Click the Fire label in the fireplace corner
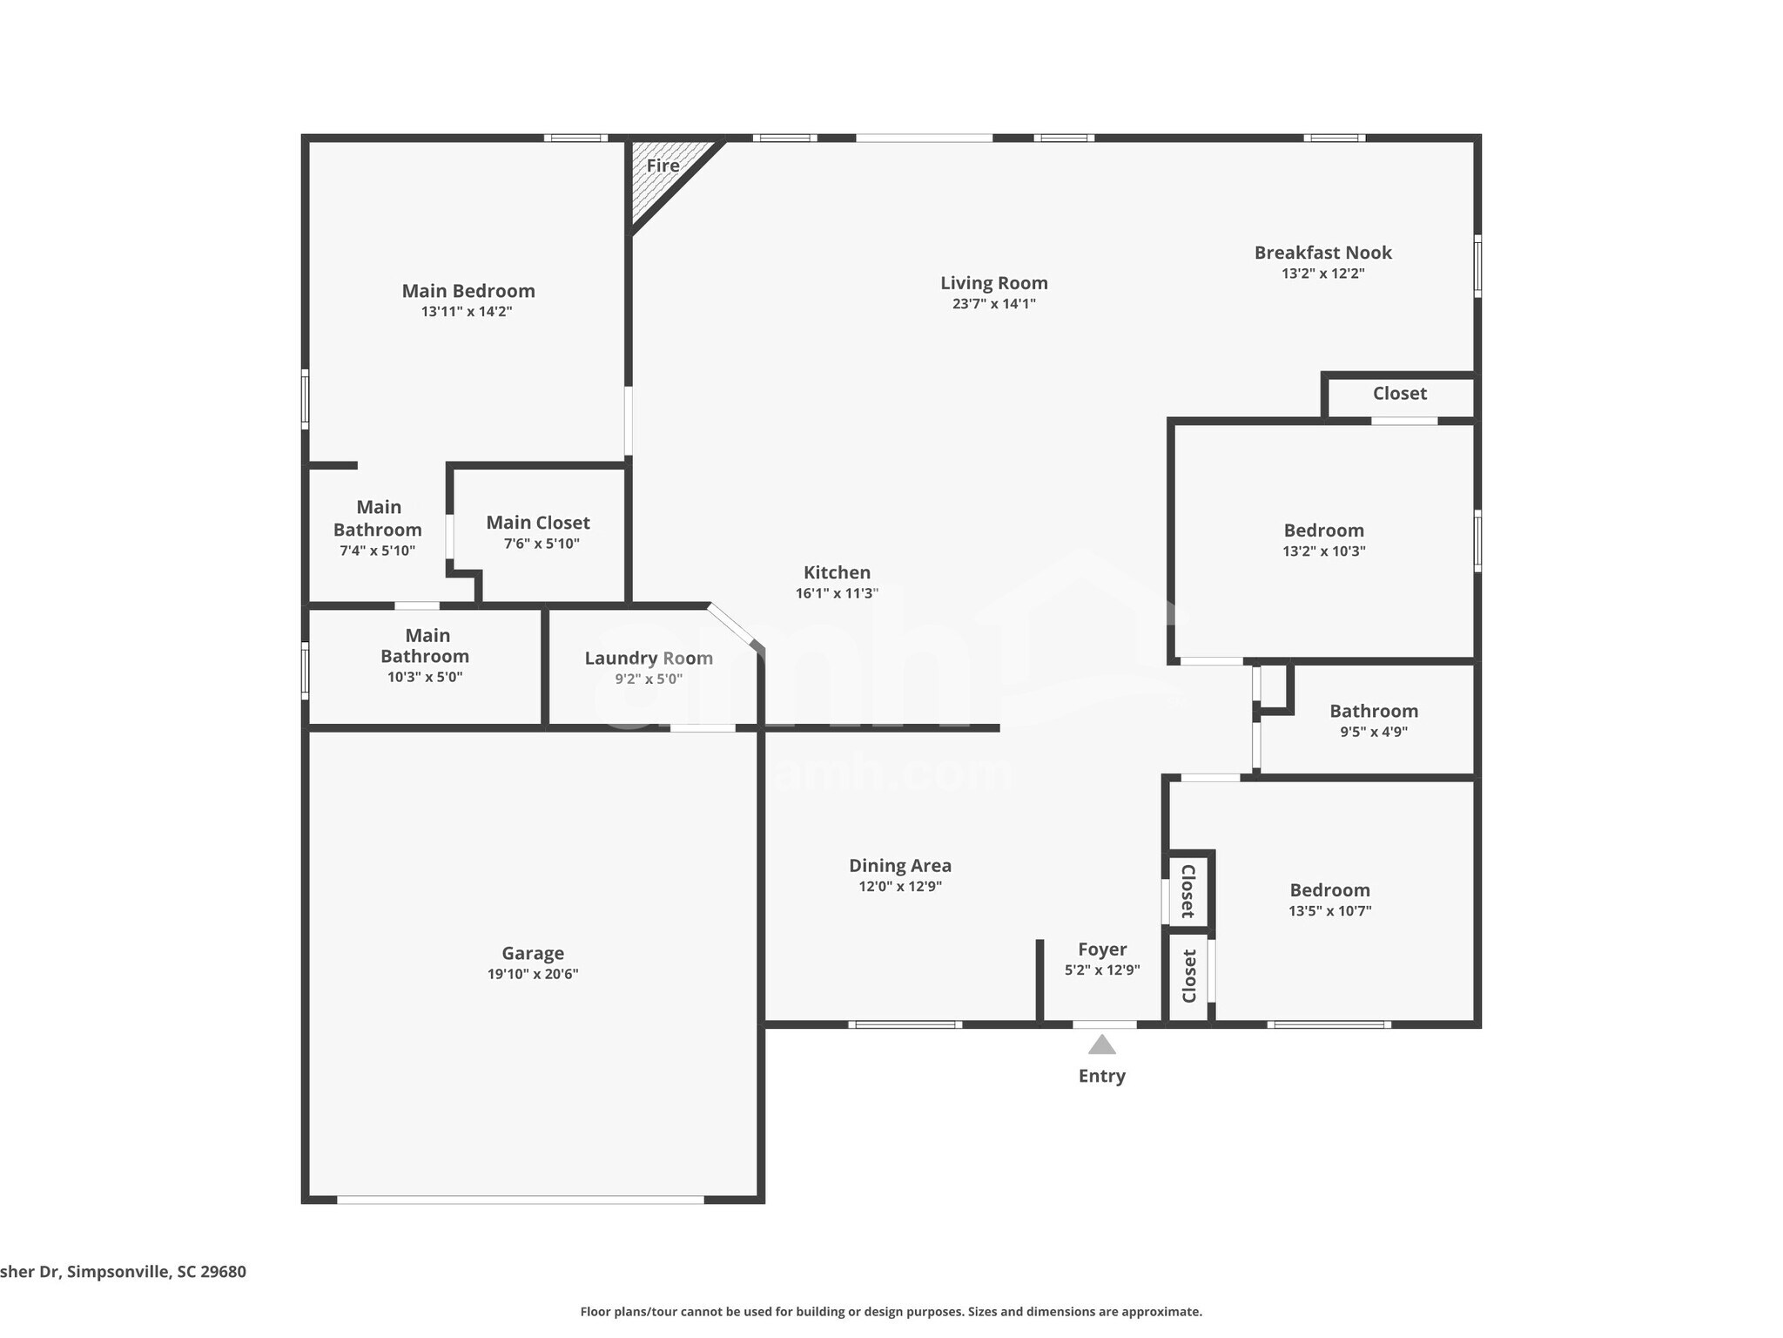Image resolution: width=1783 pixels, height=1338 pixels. pos(663,166)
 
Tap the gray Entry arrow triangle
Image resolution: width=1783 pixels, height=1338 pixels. pos(1101,1044)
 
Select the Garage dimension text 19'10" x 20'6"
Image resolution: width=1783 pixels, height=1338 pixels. pos(533,974)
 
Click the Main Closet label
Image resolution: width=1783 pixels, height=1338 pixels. pos(538,523)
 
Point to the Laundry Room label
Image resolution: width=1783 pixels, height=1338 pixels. pos(649,658)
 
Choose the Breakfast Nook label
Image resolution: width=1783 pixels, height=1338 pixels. pos(1322,253)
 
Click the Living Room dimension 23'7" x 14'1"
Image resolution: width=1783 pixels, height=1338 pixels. pos(993,304)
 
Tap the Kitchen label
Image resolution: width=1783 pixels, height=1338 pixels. pos(837,572)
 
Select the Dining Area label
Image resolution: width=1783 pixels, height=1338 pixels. pos(900,865)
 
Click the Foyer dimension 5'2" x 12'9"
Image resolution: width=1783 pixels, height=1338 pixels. pos(1101,970)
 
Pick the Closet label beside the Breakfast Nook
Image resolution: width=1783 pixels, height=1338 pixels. pos(1399,393)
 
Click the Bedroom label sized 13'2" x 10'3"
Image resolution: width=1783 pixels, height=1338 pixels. pos(1323,530)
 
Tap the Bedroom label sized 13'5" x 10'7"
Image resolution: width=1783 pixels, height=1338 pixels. pos(1329,890)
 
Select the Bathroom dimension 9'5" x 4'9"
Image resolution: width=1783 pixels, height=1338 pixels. pos(1373,733)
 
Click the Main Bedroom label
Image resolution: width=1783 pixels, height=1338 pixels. pos(468,291)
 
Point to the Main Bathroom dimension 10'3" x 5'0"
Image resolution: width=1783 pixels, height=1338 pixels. pos(425,677)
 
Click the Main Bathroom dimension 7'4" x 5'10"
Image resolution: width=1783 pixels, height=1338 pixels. pos(377,551)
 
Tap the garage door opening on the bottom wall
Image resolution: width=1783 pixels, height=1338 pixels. pos(520,1199)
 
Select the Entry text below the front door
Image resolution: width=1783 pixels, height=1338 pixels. pos(1101,1076)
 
